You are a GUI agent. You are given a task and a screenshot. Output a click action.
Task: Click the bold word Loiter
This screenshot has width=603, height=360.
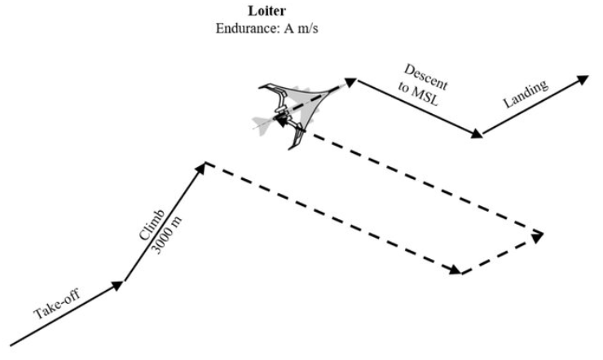tap(267, 11)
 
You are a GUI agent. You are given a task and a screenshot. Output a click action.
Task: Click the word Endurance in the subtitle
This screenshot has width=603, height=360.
tap(248, 29)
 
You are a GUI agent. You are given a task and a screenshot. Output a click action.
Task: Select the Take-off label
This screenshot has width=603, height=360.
tap(57, 305)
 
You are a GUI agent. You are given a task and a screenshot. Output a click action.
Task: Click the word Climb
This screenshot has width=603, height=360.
tap(152, 226)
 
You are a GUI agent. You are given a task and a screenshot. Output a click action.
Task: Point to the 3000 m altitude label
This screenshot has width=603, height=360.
tap(166, 235)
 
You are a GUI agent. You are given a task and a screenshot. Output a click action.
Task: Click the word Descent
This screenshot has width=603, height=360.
tap(425, 77)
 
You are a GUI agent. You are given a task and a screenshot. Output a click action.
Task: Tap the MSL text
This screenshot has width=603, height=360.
tap(425, 97)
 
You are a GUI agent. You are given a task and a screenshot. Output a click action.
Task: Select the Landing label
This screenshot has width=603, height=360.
tap(526, 94)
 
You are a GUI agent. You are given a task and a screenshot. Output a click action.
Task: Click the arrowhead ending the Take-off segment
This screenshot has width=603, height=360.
tap(117, 285)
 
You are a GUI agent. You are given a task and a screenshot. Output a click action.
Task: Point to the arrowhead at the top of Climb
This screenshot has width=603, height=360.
tap(201, 168)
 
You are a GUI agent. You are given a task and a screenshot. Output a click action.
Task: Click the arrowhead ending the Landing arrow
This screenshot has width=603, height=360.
tap(583, 80)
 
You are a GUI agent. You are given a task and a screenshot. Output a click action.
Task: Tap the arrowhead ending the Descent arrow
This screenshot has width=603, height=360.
tap(477, 133)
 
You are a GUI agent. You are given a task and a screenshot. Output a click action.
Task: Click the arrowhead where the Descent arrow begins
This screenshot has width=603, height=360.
tap(350, 81)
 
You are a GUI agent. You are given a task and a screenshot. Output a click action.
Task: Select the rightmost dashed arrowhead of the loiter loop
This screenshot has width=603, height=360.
tap(537, 237)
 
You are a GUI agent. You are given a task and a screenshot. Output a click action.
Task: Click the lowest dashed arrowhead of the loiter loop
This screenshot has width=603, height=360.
tap(456, 270)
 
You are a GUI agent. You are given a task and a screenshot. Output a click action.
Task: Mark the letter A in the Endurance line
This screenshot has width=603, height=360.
tap(288, 29)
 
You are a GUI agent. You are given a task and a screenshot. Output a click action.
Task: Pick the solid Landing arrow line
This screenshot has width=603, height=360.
tap(535, 104)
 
